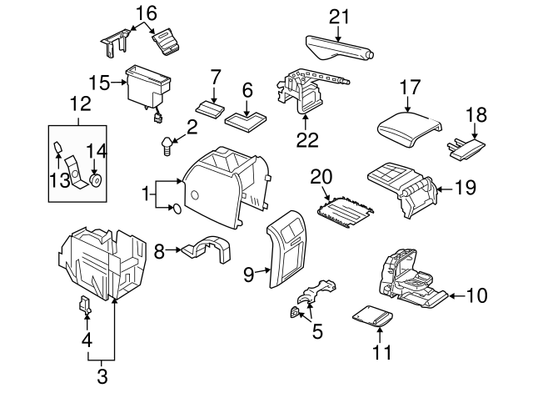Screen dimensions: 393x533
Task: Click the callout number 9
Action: tap(247, 273)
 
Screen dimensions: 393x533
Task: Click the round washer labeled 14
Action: tap(96, 179)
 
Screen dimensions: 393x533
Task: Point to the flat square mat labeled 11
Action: tap(373, 317)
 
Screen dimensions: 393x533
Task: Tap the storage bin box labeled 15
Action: tap(146, 88)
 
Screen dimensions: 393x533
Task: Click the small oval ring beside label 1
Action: tap(177, 209)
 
